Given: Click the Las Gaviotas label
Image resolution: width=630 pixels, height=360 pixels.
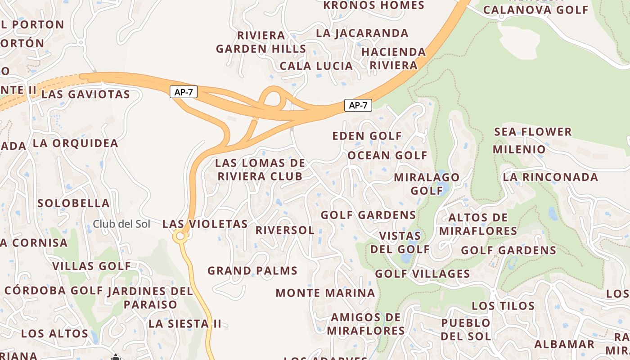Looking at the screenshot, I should click(x=85, y=94).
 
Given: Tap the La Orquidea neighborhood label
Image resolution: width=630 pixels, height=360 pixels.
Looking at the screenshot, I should click(x=75, y=144).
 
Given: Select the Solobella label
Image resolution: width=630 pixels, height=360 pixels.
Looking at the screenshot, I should click(x=73, y=203).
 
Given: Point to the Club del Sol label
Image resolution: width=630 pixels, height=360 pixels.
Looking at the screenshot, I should click(x=121, y=224).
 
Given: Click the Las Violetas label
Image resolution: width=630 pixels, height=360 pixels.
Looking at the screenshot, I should click(x=205, y=224).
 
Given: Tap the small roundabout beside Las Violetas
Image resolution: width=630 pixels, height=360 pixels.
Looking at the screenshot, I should click(x=180, y=236).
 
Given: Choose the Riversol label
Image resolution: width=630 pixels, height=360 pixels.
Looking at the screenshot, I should click(x=285, y=230).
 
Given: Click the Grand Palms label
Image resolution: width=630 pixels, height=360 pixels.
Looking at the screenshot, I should click(x=252, y=271).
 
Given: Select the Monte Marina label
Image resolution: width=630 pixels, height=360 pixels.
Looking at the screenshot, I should click(x=325, y=293).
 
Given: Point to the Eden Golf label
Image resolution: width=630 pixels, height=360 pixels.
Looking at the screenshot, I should click(x=367, y=136).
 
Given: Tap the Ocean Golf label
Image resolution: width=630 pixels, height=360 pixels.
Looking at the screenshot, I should click(x=387, y=156).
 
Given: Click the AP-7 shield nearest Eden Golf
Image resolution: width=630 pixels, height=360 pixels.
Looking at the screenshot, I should click(x=358, y=106).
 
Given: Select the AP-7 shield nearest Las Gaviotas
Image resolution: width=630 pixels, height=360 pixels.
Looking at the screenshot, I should click(x=184, y=92).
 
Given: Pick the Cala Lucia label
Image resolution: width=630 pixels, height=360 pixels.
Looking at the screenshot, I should click(x=316, y=66).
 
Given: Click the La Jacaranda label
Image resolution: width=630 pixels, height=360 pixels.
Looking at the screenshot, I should click(x=362, y=33).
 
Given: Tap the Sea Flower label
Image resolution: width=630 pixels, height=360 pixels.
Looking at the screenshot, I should click(x=533, y=132).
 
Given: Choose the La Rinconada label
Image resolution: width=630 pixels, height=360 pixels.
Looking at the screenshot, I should click(x=550, y=177).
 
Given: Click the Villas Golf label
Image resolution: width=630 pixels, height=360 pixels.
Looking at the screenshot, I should click(x=92, y=266).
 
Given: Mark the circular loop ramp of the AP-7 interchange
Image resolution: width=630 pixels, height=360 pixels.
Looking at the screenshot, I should click(x=273, y=96).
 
